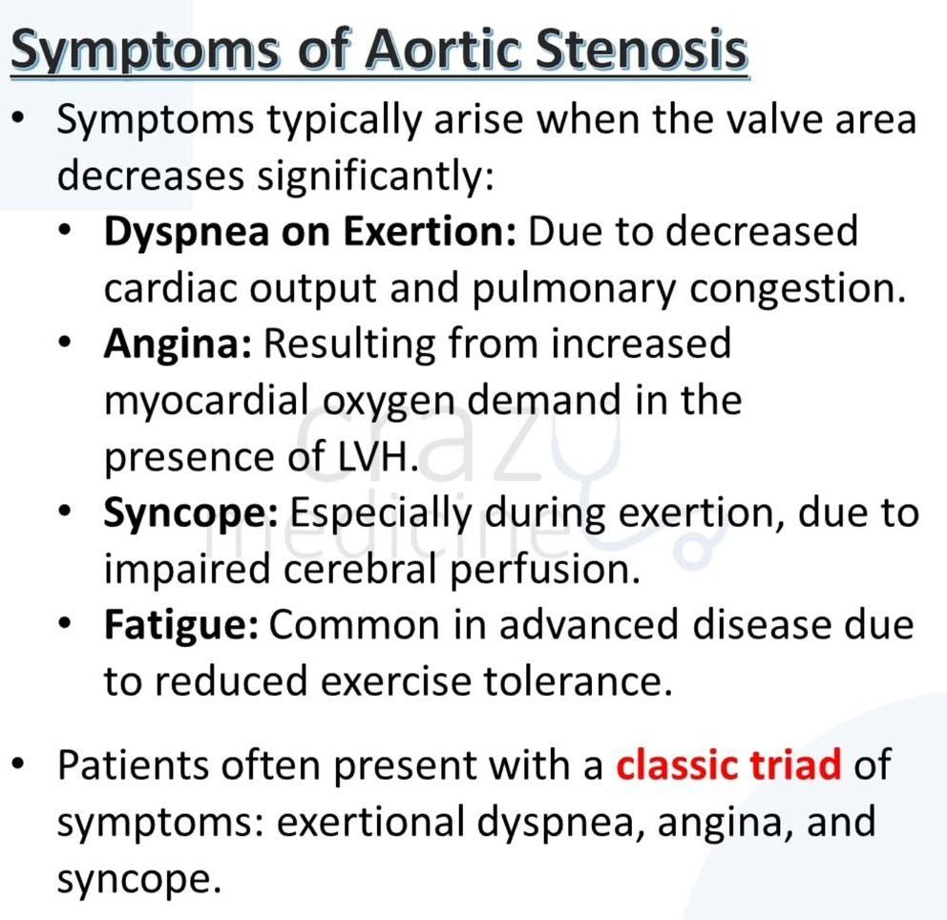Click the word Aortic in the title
[x=443, y=49]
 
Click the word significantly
[x=376, y=177]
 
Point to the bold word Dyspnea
[x=186, y=233]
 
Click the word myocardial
[x=206, y=402]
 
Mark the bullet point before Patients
[x=19, y=764]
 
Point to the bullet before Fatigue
[x=65, y=622]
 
